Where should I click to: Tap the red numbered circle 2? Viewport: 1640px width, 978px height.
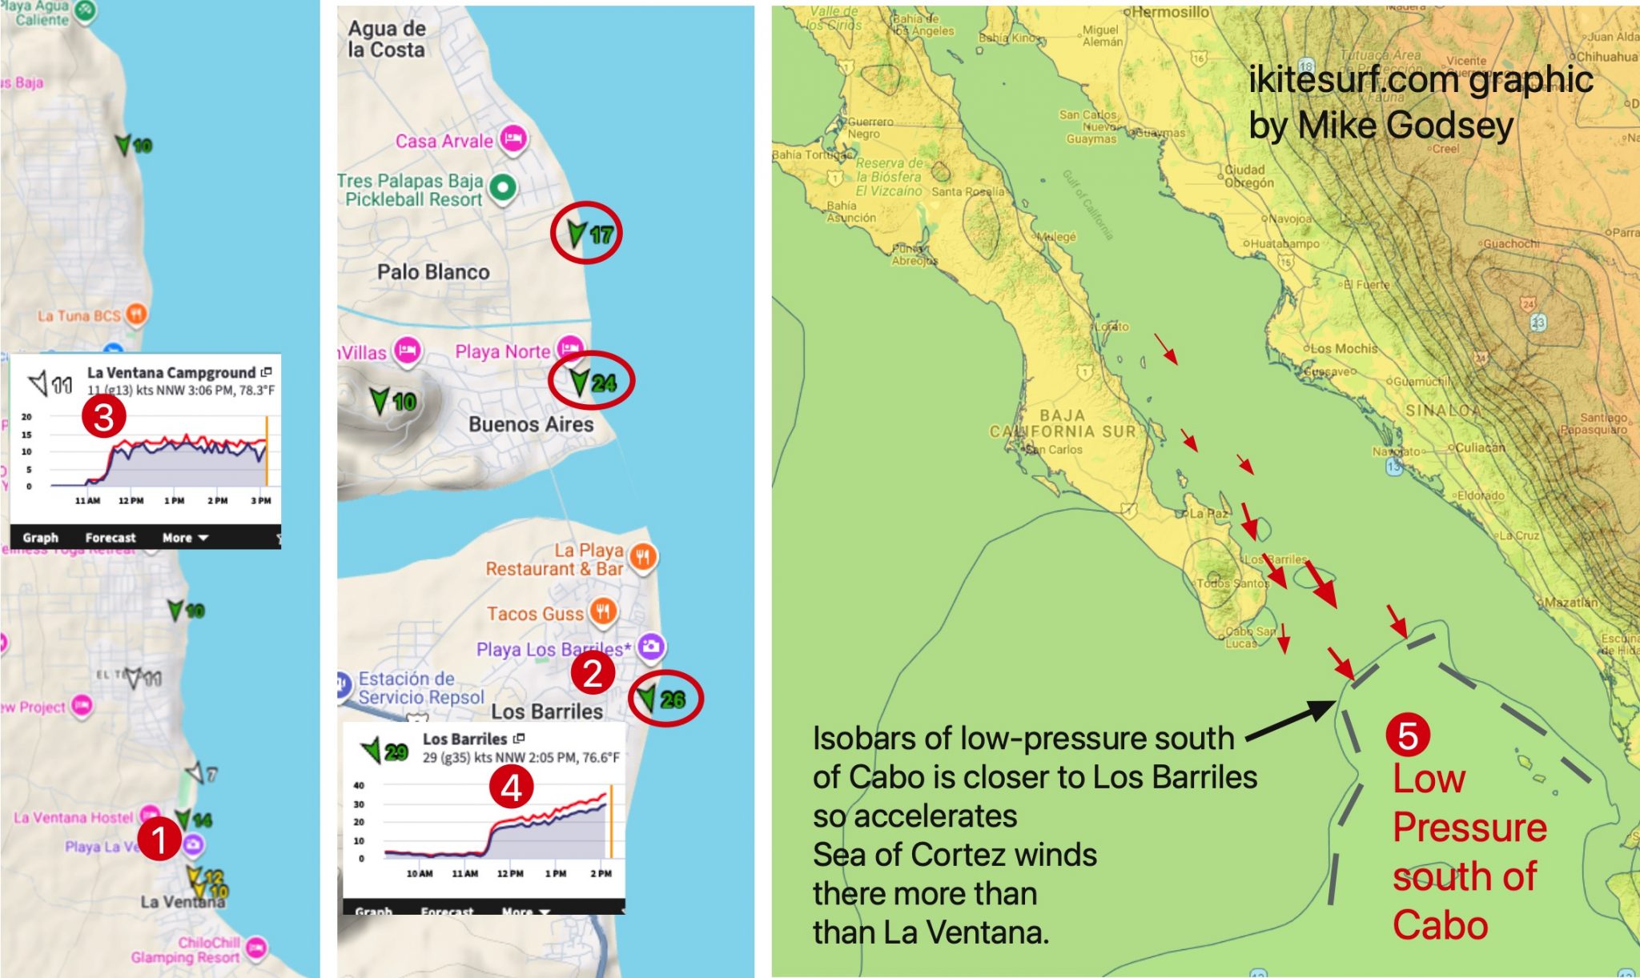click(593, 673)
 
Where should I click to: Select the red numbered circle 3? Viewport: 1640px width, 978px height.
click(104, 417)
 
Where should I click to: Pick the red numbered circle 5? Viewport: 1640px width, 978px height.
click(1407, 735)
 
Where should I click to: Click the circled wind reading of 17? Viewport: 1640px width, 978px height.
click(587, 233)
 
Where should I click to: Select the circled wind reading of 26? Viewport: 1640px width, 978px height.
click(665, 699)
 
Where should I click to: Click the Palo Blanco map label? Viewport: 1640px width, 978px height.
click(433, 272)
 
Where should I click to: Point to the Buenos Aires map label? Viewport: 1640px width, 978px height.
click(531, 424)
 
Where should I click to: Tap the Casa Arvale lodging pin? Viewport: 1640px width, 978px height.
click(513, 138)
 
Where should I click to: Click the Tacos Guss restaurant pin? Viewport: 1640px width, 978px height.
click(603, 612)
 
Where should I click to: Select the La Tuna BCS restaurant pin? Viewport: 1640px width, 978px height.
click(137, 314)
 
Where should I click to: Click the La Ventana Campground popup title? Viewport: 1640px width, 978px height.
click(171, 372)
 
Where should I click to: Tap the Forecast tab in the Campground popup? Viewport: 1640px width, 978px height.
click(111, 538)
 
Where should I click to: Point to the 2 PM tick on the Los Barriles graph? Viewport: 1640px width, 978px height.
click(601, 873)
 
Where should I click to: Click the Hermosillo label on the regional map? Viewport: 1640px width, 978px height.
click(1171, 12)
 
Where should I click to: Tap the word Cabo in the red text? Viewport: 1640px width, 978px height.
click(1440, 925)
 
